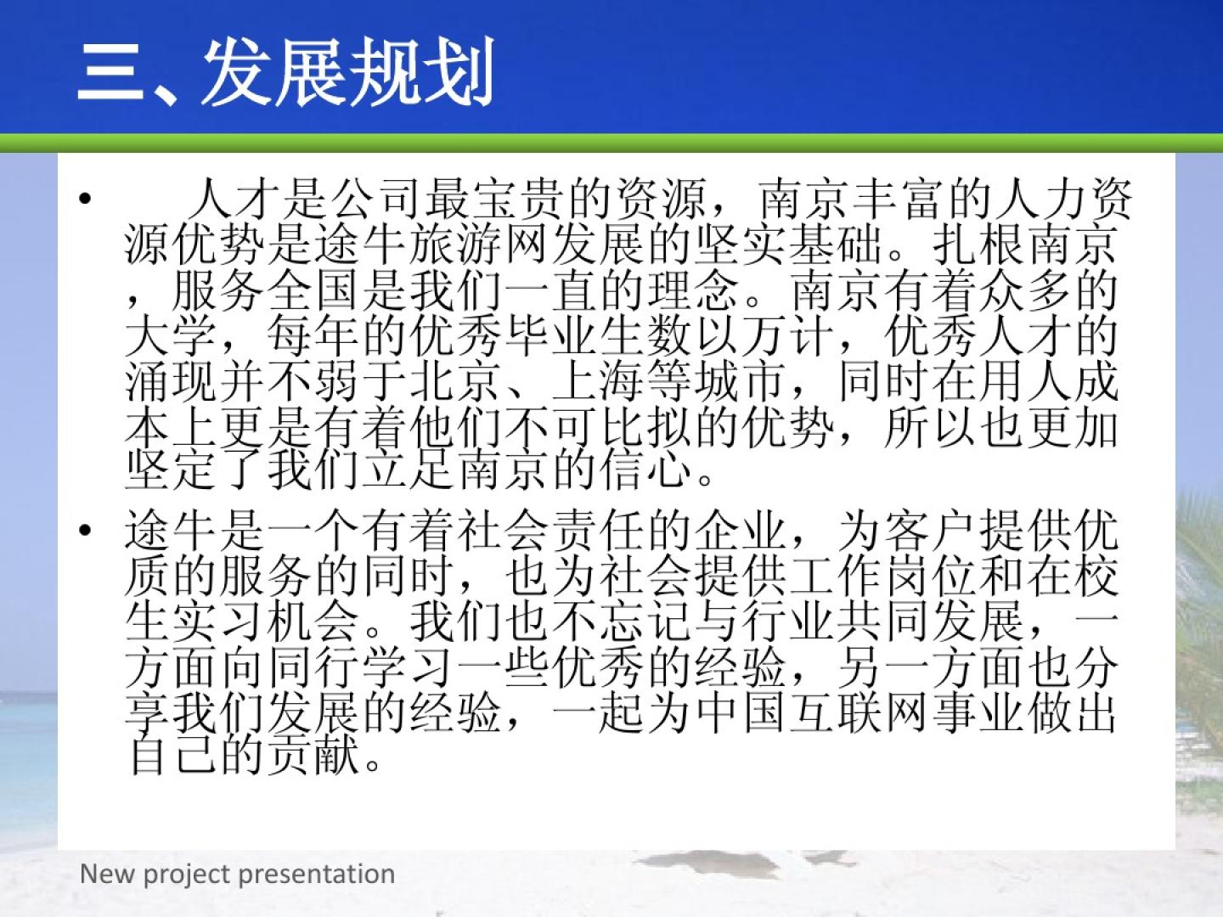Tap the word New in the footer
pyautogui.click(x=108, y=873)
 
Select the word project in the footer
pyautogui.click(x=188, y=875)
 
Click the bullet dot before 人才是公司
pyautogui.click(x=85, y=199)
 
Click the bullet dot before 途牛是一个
pyautogui.click(x=85, y=530)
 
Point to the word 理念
pyautogui.click(x=695, y=291)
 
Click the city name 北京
pyautogui.click(x=456, y=383)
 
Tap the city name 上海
pyautogui.click(x=599, y=383)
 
